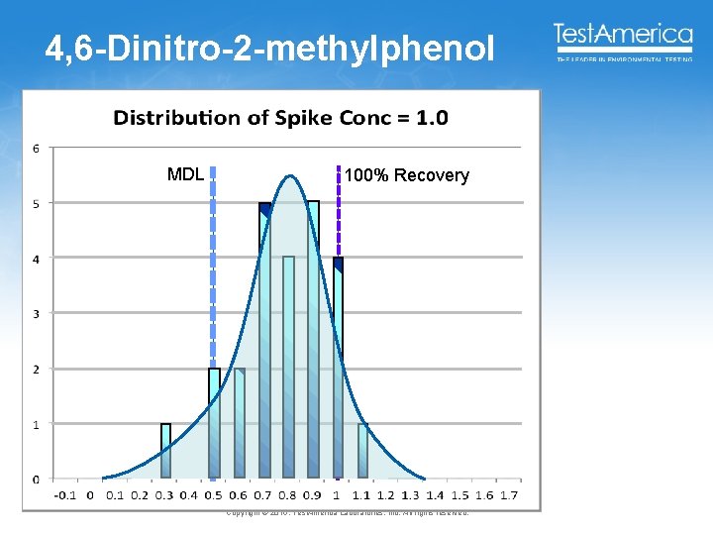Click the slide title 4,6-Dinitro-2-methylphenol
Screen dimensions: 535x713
268,50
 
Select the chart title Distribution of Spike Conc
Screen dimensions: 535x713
280,119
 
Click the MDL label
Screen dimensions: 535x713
185,175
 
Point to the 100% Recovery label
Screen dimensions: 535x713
406,176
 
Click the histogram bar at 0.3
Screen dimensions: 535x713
166,452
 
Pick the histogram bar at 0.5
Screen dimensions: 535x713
215,424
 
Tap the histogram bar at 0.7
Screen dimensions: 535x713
264,342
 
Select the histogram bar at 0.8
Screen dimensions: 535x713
288,368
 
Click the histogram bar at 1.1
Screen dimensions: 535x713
362,452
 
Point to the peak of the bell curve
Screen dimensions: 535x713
288,176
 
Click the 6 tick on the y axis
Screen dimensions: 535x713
37,149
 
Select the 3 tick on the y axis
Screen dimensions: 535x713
37,314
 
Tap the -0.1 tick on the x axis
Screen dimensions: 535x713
64,494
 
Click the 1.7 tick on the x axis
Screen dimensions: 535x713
509,494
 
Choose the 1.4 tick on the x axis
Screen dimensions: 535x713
436,494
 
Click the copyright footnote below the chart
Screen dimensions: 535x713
347,512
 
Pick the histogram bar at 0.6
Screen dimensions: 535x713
240,424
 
